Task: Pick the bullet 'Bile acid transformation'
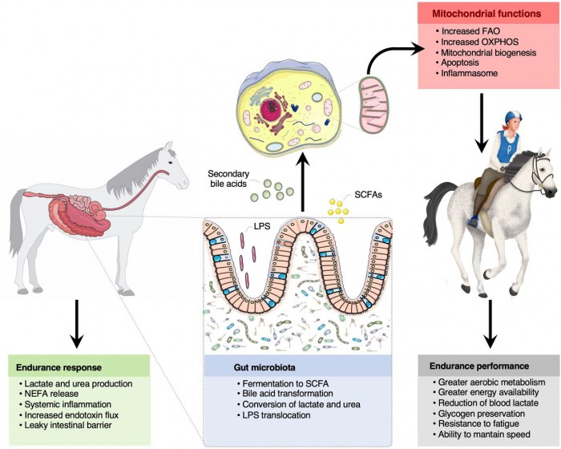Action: [x=272, y=393]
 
